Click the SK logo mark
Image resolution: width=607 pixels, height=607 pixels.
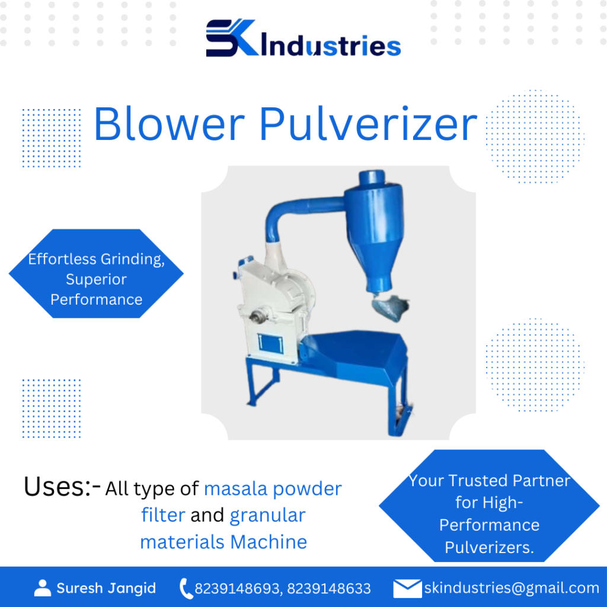(x=232, y=37)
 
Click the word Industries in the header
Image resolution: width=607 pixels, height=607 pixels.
(x=331, y=46)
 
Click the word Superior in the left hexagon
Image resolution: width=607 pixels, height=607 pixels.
(x=96, y=279)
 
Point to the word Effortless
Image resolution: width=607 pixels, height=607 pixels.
(x=62, y=258)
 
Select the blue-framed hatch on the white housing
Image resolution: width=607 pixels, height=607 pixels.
(x=270, y=343)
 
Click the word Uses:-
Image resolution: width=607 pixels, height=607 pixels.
(x=62, y=486)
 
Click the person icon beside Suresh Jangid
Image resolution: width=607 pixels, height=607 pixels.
(x=43, y=587)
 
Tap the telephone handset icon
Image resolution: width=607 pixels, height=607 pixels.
(x=186, y=589)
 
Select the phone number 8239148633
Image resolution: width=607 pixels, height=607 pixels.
(x=328, y=589)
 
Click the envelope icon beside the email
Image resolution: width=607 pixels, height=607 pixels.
(x=407, y=589)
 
